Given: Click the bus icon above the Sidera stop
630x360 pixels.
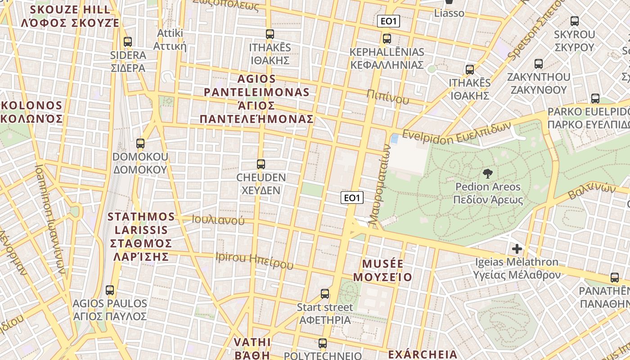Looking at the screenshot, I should click(128, 42).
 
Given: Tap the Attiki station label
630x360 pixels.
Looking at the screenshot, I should click(170, 40).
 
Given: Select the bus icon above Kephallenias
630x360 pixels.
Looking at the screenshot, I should click(387, 39).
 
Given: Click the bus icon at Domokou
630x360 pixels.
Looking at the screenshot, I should click(140, 144).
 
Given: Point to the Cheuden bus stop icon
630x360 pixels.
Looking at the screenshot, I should click(261, 164).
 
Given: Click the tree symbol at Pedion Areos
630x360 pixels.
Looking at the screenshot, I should click(487, 174).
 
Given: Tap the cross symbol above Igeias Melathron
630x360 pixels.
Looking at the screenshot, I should click(517, 248).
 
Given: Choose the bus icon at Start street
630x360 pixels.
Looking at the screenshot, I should click(325, 294).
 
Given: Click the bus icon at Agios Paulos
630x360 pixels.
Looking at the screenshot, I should click(110, 290).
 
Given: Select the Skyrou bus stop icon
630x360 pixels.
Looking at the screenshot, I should click(575, 21).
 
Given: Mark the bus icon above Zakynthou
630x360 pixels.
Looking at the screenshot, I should click(539, 64).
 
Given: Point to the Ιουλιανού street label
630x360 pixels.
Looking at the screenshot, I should click(218, 220).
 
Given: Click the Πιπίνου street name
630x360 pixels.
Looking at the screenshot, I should click(387, 96).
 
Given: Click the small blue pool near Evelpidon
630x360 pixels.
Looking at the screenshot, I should click(395, 139).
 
